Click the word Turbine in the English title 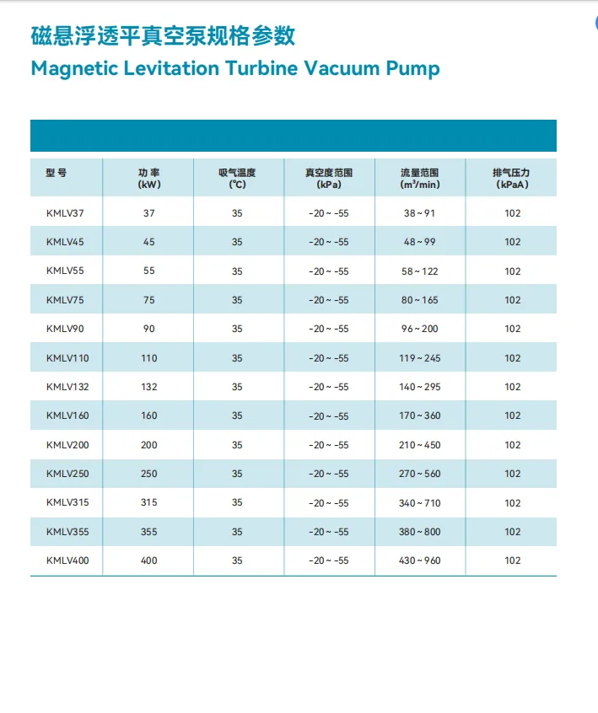[261, 68]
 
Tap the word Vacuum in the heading [342, 68]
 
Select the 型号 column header [56, 173]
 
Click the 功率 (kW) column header [148, 179]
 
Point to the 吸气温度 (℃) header [237, 179]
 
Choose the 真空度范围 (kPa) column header [329, 179]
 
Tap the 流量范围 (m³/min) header [419, 179]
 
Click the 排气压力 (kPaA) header [511, 179]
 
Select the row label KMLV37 [65, 213]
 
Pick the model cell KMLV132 [67, 387]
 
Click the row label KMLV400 [67, 560]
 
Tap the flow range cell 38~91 [419, 213]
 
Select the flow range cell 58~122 [419, 271]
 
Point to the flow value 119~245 [419, 358]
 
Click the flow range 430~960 [419, 560]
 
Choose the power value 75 [148, 300]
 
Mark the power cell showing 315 [148, 502]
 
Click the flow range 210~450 [419, 445]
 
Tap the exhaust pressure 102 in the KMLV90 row [513, 329]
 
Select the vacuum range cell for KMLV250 [329, 474]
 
